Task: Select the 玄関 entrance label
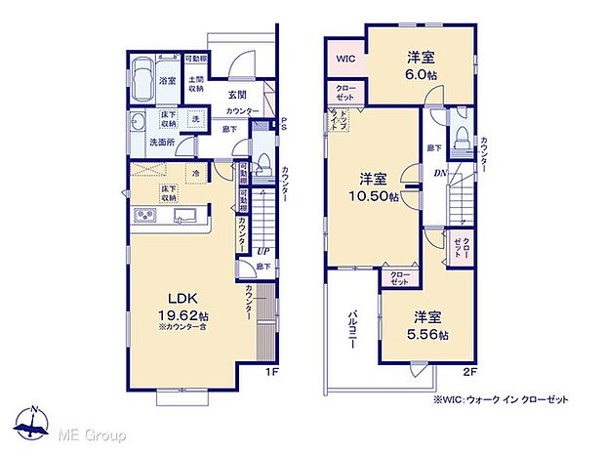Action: coord(236,95)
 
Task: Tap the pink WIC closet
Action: coord(345,59)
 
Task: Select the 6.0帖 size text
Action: coord(423,76)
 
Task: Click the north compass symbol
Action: coord(34,421)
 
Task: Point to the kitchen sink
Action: coord(185,215)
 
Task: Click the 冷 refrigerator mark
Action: coord(196,174)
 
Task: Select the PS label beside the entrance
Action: coord(284,124)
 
